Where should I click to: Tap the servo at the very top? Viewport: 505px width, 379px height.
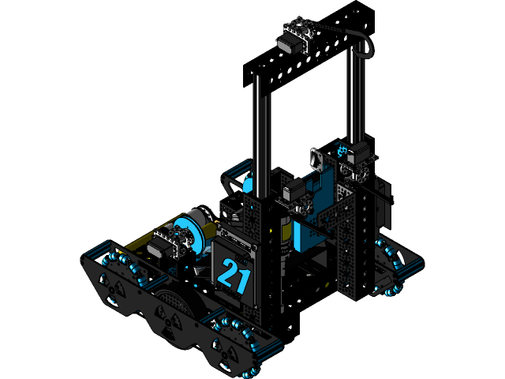tap(295, 39)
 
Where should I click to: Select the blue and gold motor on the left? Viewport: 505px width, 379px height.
tap(193, 229)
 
